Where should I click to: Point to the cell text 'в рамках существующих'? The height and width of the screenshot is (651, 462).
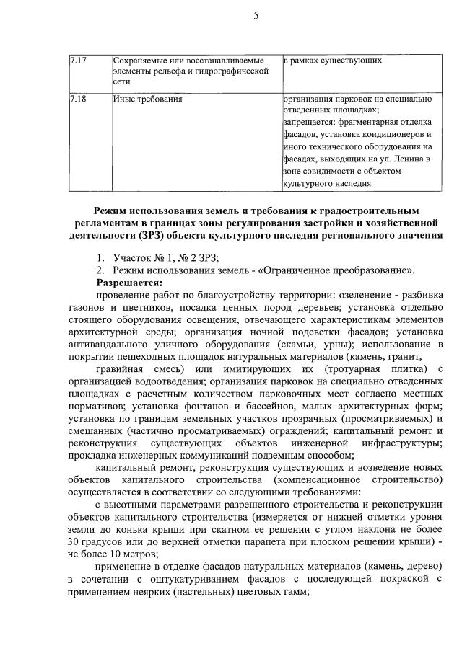(332, 60)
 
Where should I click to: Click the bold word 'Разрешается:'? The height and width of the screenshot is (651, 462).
(130, 282)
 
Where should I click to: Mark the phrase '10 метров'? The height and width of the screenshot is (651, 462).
(114, 553)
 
